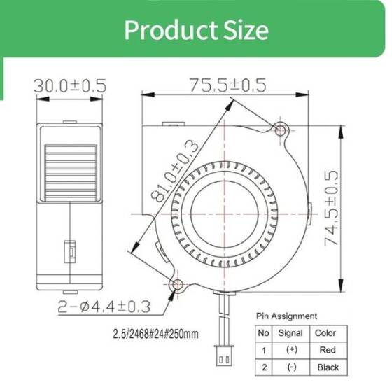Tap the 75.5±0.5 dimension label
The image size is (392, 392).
(227, 85)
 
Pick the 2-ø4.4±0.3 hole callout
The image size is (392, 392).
(106, 306)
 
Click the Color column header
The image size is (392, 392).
(325, 333)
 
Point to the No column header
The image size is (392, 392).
(264, 333)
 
